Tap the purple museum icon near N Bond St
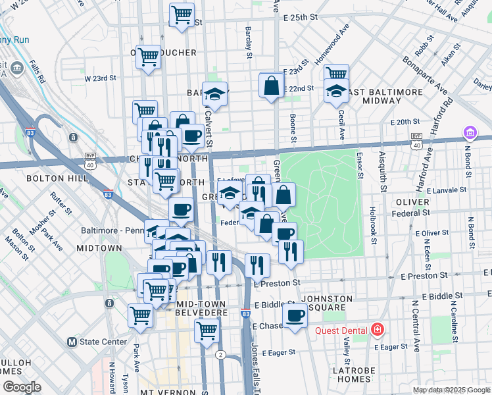(x=469, y=134)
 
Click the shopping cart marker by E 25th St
(x=182, y=14)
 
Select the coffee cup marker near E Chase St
(x=295, y=317)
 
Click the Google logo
(x=22, y=387)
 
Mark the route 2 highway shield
(x=220, y=354)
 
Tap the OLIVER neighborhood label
(x=412, y=202)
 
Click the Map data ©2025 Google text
(x=451, y=390)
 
